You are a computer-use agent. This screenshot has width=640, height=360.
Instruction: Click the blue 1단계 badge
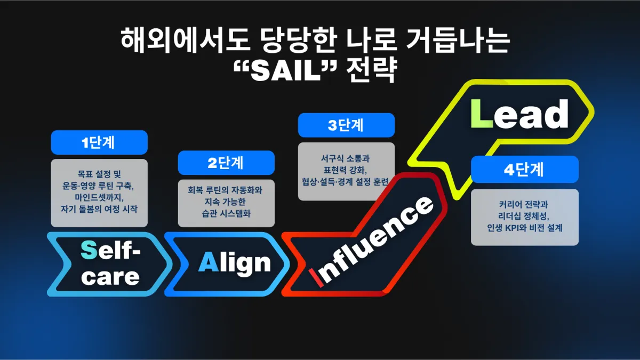pos(99,142)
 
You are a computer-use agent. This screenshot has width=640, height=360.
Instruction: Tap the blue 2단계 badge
pos(226,163)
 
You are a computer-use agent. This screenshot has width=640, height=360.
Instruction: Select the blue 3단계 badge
pos(346,125)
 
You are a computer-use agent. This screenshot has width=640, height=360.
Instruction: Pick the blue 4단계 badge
pos(525,170)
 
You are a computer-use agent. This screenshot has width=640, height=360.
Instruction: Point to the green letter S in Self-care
pos(89,250)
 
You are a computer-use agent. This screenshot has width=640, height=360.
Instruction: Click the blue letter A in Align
pos(209,262)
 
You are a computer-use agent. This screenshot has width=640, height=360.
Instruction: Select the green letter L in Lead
pos(482,113)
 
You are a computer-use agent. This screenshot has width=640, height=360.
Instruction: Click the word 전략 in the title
pos(371,69)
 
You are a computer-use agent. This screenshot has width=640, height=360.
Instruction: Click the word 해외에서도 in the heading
pos(185,41)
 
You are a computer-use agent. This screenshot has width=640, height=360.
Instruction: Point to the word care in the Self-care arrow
pos(110,277)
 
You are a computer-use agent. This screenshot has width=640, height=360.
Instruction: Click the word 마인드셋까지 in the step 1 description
pos(99,197)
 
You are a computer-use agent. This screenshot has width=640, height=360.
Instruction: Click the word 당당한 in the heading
pos(299,41)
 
